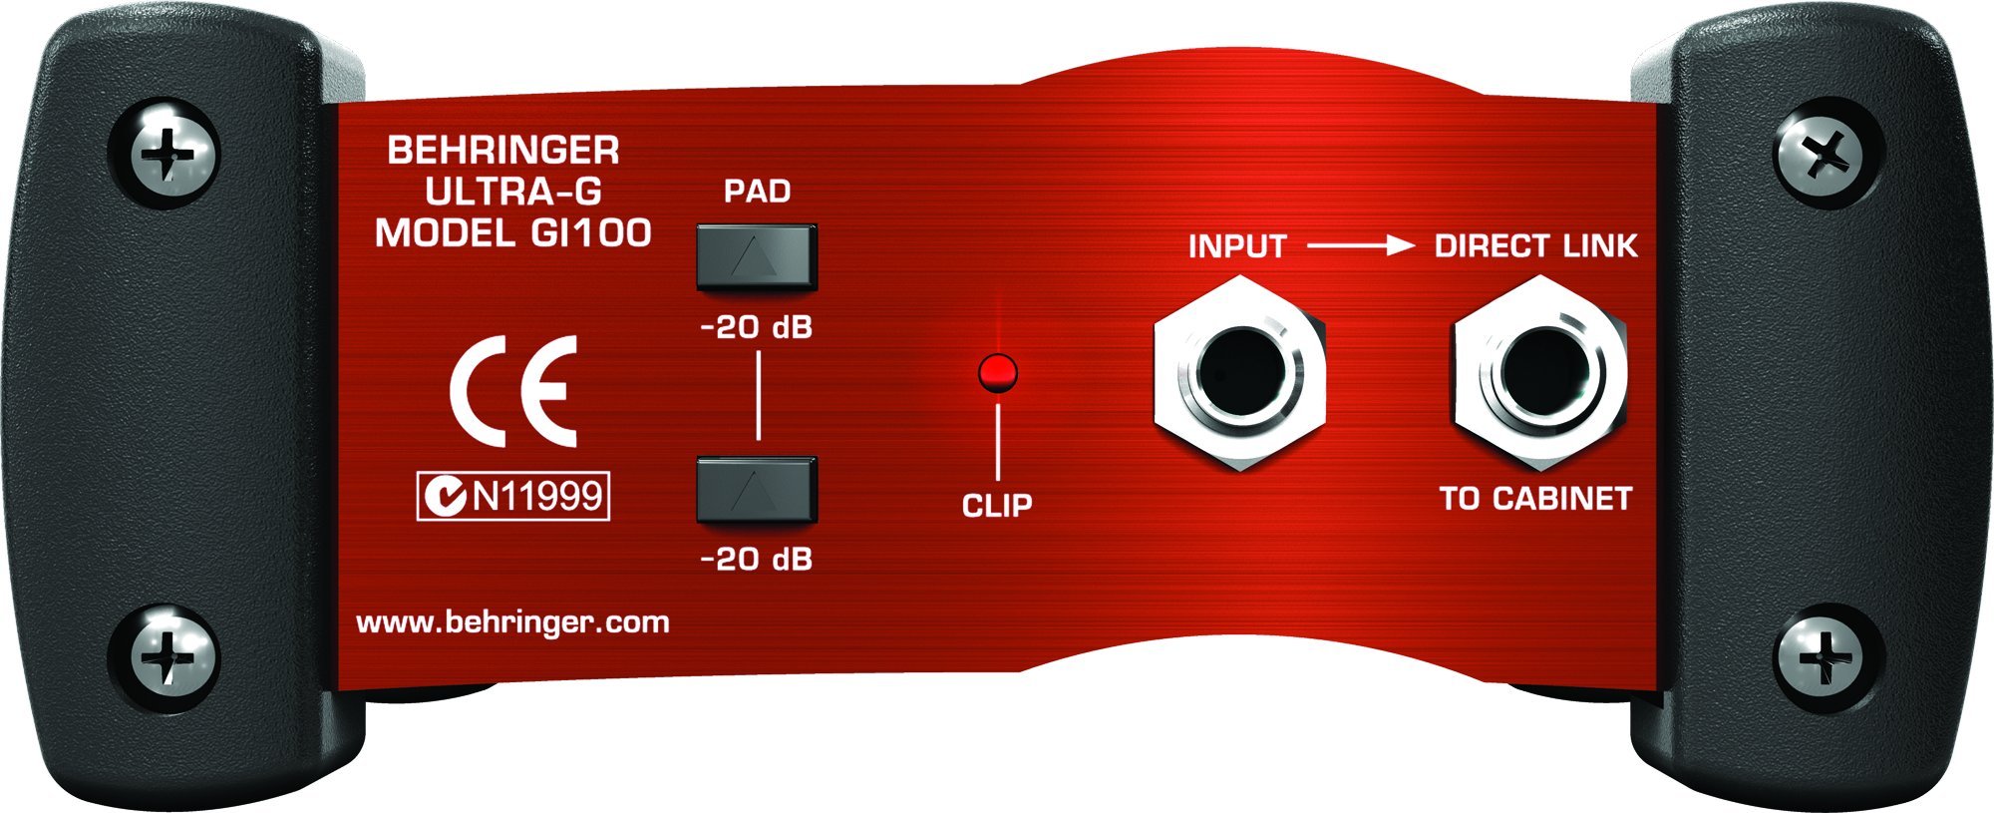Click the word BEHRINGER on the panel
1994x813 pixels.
(502, 151)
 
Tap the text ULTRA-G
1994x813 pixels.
(512, 192)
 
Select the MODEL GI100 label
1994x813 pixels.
(512, 233)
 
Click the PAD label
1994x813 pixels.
(757, 191)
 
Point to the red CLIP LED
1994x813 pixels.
(998, 372)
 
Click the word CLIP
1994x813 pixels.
(997, 506)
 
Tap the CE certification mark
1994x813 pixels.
(513, 392)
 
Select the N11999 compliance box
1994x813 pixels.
(512, 496)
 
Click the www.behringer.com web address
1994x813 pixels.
(512, 622)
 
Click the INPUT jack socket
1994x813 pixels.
(1238, 374)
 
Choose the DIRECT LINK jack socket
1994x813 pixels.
(1538, 374)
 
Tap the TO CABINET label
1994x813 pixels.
(1535, 499)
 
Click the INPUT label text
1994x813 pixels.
(1237, 246)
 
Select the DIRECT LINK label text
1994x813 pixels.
(1535, 246)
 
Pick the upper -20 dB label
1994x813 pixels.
(757, 327)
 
